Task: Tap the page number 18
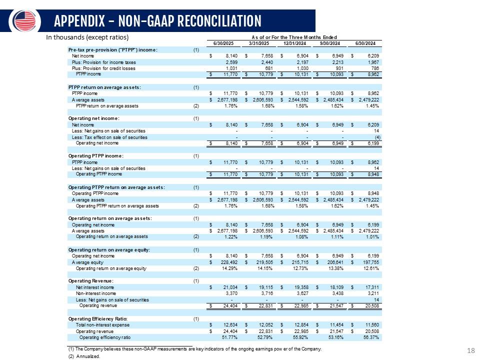pyautogui.click(x=470, y=351)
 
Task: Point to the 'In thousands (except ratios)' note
pyautogui.click(x=87, y=37)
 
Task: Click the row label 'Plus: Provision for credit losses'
pyautogui.click(x=104, y=68)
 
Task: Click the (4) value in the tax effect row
pyautogui.click(x=377, y=137)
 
